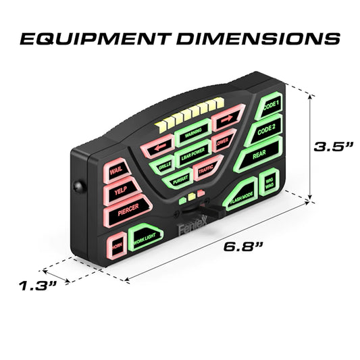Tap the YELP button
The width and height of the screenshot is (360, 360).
coord(120,190)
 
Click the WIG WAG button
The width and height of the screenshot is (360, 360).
coord(270,183)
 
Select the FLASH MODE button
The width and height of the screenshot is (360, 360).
coord(241,197)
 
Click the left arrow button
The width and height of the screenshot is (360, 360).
coord(161,146)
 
